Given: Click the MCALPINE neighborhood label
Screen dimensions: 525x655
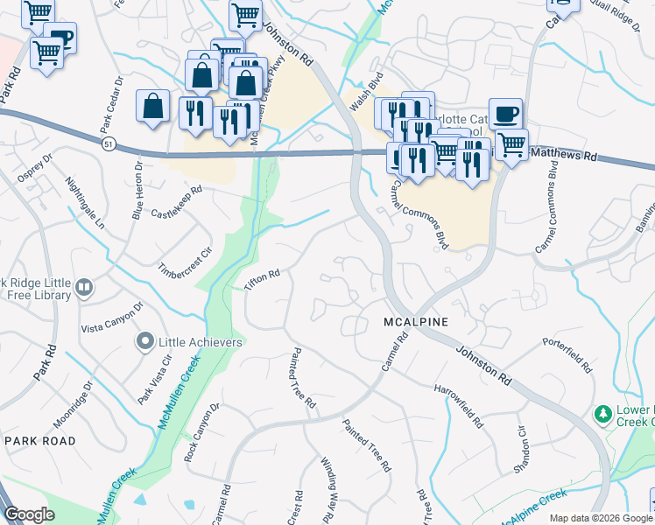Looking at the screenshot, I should tap(416, 322).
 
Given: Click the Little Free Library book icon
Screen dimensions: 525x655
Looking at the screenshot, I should tap(84, 286).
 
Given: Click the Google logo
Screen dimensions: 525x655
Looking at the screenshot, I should tap(29, 514).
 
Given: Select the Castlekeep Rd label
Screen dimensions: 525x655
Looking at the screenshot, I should tap(177, 201).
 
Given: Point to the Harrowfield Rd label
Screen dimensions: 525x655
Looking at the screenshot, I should tap(458, 403).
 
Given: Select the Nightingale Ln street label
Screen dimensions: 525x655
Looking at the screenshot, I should tap(84, 204).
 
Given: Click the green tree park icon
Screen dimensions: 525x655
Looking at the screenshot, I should tap(602, 412).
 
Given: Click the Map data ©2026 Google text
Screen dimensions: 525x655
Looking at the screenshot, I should tap(601, 517).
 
